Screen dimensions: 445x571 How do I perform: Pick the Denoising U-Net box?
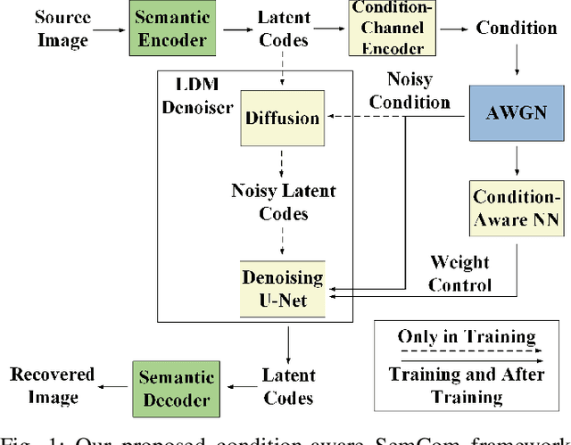click(283, 288)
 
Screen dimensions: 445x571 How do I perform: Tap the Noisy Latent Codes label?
click(283, 202)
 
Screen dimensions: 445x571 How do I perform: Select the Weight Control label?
click(459, 273)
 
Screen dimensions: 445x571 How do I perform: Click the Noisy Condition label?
click(410, 90)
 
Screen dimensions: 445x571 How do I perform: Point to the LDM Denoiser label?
click(198, 95)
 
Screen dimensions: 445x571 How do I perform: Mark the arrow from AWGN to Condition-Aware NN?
click(515, 161)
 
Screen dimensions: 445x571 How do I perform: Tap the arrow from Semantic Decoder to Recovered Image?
click(114, 386)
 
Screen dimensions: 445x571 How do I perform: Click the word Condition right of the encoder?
click(515, 28)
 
